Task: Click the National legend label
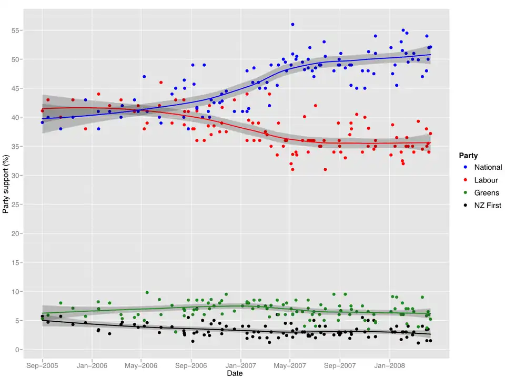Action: pyautogui.click(x=488, y=167)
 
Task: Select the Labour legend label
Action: pyautogui.click(x=486, y=180)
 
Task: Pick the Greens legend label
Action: pyautogui.click(x=487, y=193)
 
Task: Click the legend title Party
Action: pyautogui.click(x=468, y=156)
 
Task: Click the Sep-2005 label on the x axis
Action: pyautogui.click(x=42, y=365)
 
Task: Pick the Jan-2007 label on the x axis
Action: pyautogui.click(x=241, y=365)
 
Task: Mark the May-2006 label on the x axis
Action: pyautogui.click(x=141, y=365)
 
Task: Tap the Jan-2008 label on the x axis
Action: pyautogui.click(x=390, y=365)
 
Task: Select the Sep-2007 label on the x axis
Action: pyautogui.click(x=340, y=365)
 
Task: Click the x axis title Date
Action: pyautogui.click(x=235, y=373)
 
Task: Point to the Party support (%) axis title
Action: pyautogui.click(x=6, y=183)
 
